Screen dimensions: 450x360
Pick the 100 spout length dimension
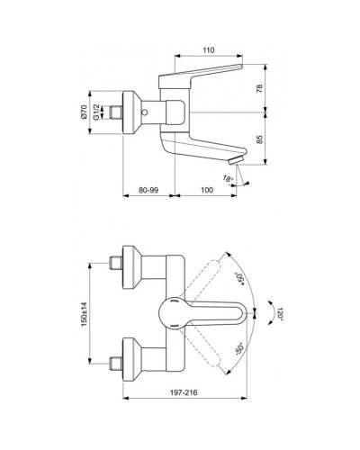click(206, 190)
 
